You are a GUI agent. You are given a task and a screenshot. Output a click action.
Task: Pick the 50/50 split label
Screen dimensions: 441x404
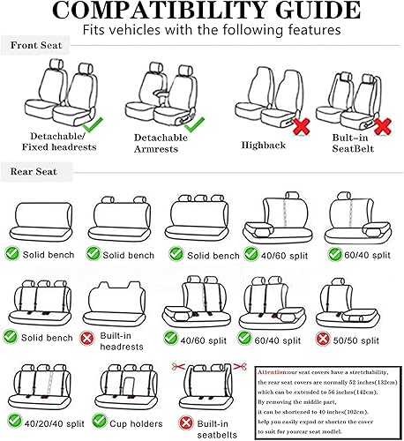(x=369, y=337)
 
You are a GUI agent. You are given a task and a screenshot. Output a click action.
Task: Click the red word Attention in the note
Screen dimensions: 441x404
(x=273, y=371)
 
